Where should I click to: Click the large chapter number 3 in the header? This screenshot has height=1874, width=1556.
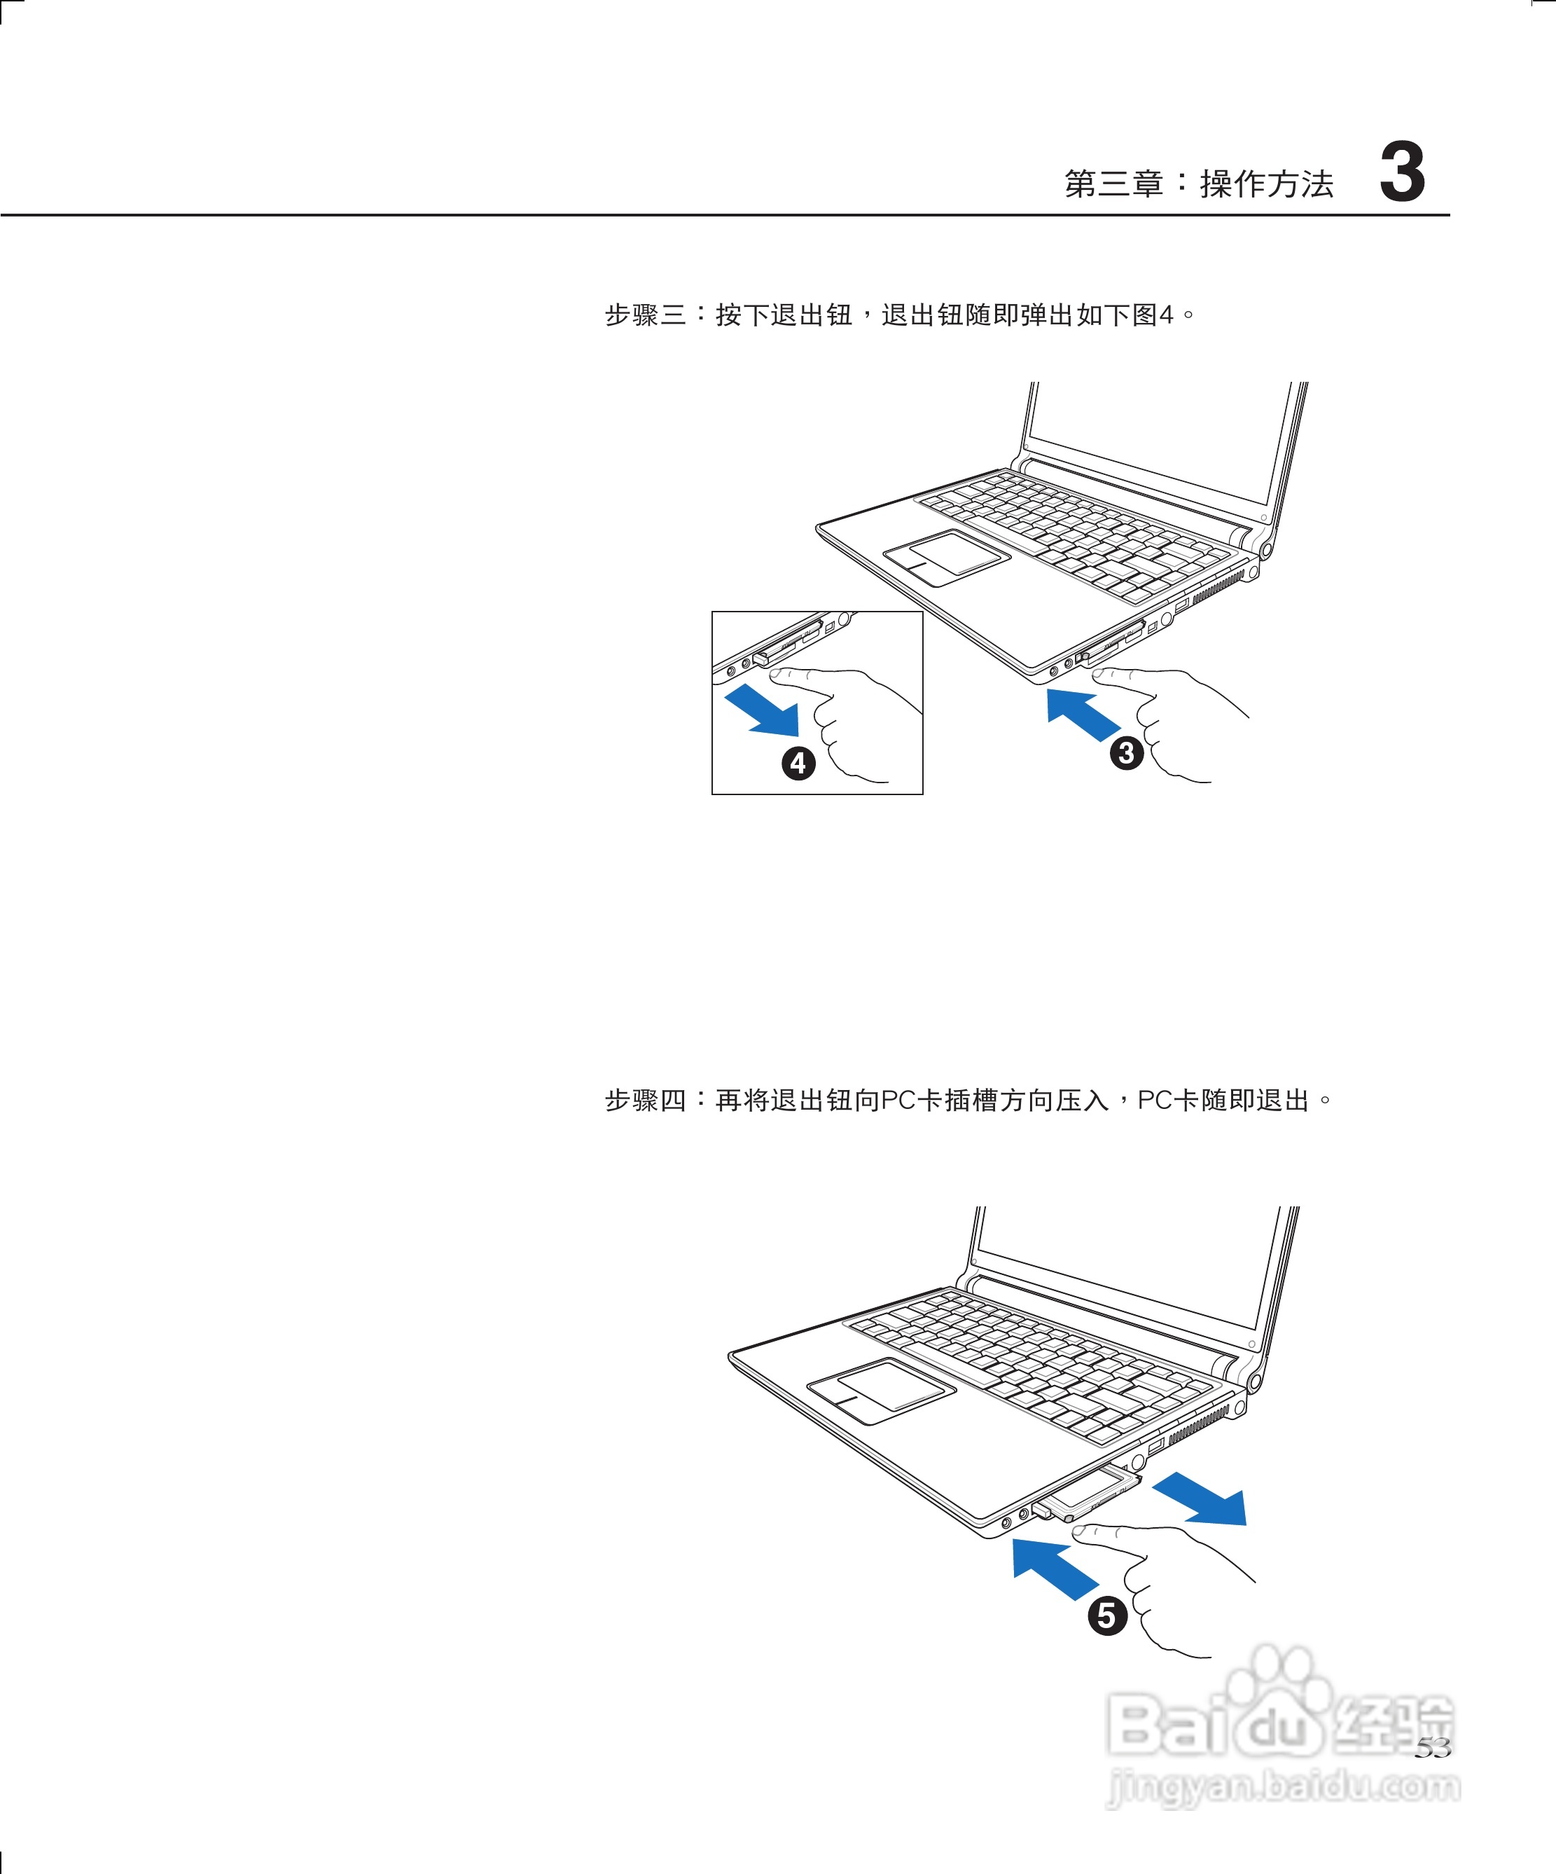(1402, 173)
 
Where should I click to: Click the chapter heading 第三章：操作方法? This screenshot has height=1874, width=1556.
(1198, 184)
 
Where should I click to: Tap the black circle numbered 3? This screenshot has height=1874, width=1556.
(1126, 752)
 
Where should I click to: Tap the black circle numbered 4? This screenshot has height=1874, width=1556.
(798, 763)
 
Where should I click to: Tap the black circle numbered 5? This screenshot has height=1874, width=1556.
(1107, 1616)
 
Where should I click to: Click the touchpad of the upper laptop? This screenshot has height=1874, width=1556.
(947, 557)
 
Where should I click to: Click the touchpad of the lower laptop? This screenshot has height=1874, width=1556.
(881, 1389)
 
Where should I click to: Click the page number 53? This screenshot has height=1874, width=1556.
(1432, 1747)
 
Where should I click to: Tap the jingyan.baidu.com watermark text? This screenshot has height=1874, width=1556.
(1283, 1786)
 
